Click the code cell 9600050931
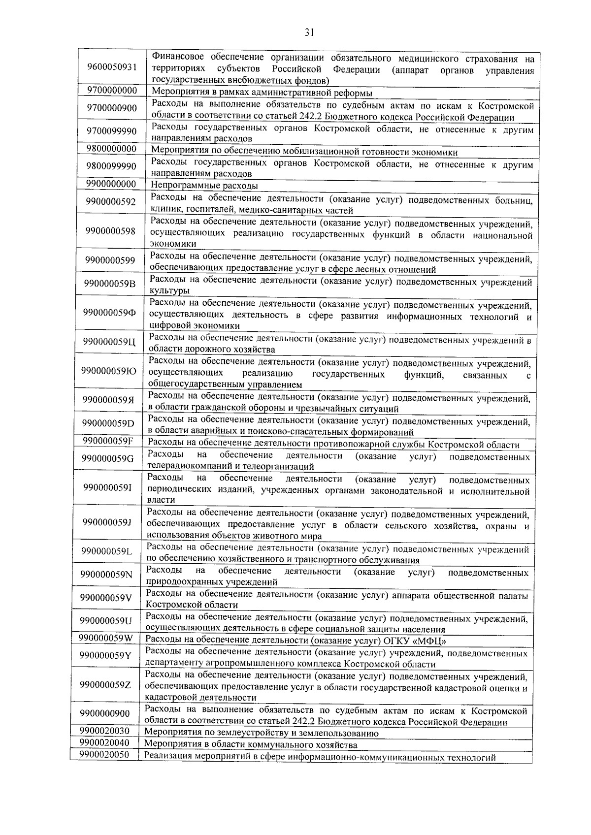[x=112, y=67]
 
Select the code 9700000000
[x=112, y=91]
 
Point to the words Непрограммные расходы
[x=204, y=186]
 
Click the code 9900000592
[x=110, y=202]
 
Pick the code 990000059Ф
[x=109, y=313]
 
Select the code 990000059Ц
[x=109, y=341]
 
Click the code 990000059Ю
[x=109, y=371]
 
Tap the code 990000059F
[x=107, y=440]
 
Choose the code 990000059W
[x=106, y=638]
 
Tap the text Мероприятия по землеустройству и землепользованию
[x=261, y=733]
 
